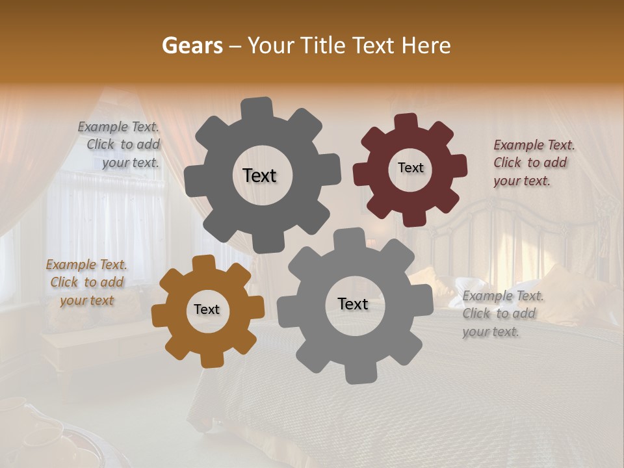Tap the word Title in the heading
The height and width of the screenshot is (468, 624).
[322, 45]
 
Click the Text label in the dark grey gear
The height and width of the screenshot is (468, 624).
[259, 175]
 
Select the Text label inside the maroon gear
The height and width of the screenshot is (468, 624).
[410, 168]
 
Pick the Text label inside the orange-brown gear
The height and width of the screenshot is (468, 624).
[207, 309]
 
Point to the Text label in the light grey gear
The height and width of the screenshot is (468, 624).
[353, 304]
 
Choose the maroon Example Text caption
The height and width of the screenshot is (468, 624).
[533, 162]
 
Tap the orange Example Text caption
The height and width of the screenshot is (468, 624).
[86, 282]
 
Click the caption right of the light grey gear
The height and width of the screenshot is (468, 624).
[502, 313]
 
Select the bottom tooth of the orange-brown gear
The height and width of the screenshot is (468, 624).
[211, 359]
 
